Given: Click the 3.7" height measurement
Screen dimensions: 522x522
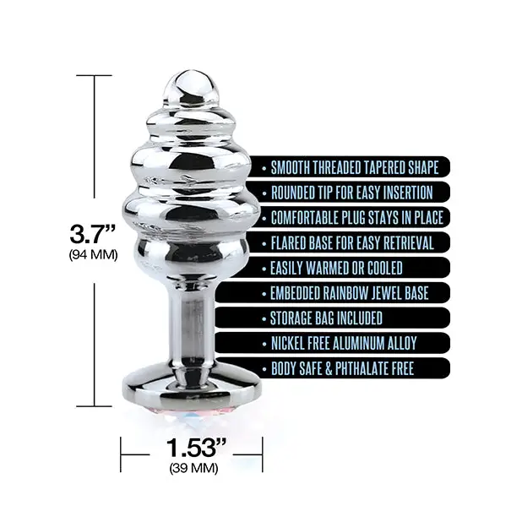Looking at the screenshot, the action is (93, 234).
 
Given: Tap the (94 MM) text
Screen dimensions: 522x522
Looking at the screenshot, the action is (93, 255).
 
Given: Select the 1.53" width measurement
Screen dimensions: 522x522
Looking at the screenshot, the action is (196, 448).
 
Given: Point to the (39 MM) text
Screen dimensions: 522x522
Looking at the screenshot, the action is (193, 469).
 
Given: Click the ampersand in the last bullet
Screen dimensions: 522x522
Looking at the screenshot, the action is (329, 368).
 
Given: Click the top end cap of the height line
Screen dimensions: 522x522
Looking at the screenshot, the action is (94, 75).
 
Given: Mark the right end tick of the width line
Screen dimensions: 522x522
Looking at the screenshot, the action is (263, 454).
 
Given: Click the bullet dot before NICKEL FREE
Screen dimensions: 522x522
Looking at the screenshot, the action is (264, 344).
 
